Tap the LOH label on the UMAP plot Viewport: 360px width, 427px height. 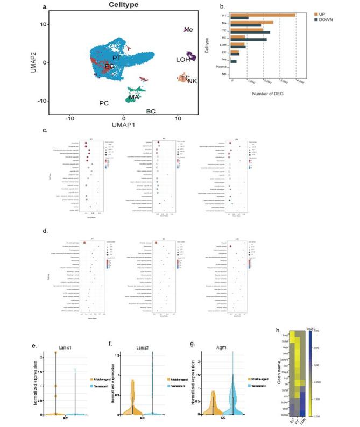(x=183, y=59)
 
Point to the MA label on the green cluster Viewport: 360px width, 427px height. (x=134, y=97)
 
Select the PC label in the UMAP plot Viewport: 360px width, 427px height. (x=104, y=102)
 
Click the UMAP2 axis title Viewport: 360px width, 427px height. (x=40, y=62)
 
